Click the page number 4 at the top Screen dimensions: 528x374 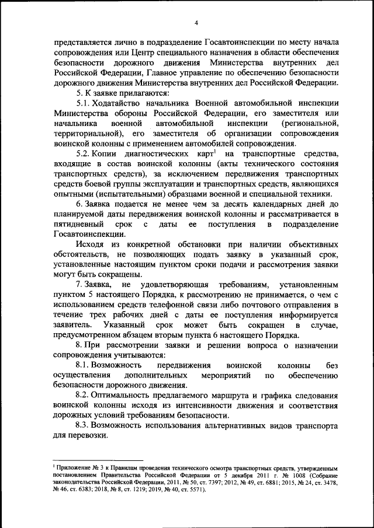point(196,23)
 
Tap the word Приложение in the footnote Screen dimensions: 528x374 point(73,467)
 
